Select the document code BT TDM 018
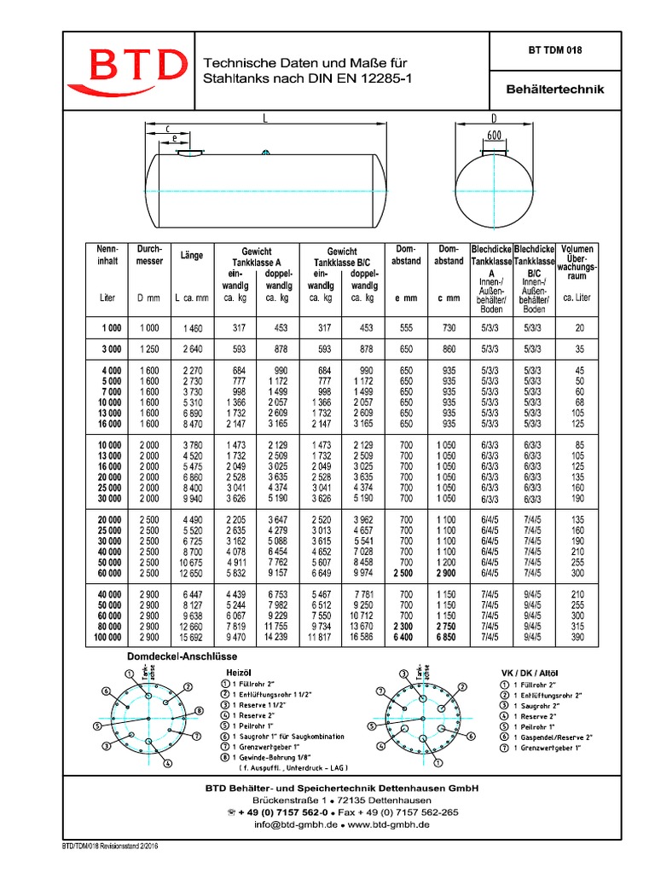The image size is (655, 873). pos(542,50)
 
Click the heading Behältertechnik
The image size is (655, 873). pos(542,89)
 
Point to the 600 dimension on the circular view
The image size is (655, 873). pos(494,136)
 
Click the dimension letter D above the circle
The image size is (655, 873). pos(494,118)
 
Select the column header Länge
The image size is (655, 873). pos(191,255)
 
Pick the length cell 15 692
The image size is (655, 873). pos(191,637)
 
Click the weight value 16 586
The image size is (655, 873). pos(360,637)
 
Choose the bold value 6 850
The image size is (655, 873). pos(448,637)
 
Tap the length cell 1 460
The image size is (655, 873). pos(191,327)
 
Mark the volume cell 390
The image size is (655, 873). pos(577,637)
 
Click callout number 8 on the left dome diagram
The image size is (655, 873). pos(198,710)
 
